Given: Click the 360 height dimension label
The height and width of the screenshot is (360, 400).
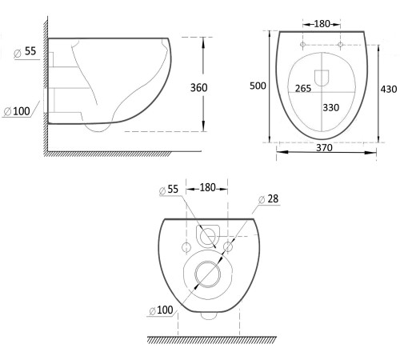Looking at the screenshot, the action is pos(198,88).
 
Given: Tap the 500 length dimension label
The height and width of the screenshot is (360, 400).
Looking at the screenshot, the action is pos(258,86).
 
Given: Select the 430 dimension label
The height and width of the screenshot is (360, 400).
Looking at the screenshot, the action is pos(389,89).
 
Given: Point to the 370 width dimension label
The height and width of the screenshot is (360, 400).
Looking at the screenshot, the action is pos(324,147).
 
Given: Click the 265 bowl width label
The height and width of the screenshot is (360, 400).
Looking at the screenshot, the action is pos(303,88).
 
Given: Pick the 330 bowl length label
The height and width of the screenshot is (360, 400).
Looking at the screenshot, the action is pos(331,107).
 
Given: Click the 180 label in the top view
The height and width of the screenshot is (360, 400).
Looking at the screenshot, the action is pos(322,24).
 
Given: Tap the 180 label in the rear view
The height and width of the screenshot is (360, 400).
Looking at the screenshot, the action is pos(207,188).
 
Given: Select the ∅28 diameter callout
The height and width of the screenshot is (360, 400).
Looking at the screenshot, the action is pos(269,199).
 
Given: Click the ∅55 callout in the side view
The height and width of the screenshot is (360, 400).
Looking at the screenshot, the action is pos(25,51).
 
